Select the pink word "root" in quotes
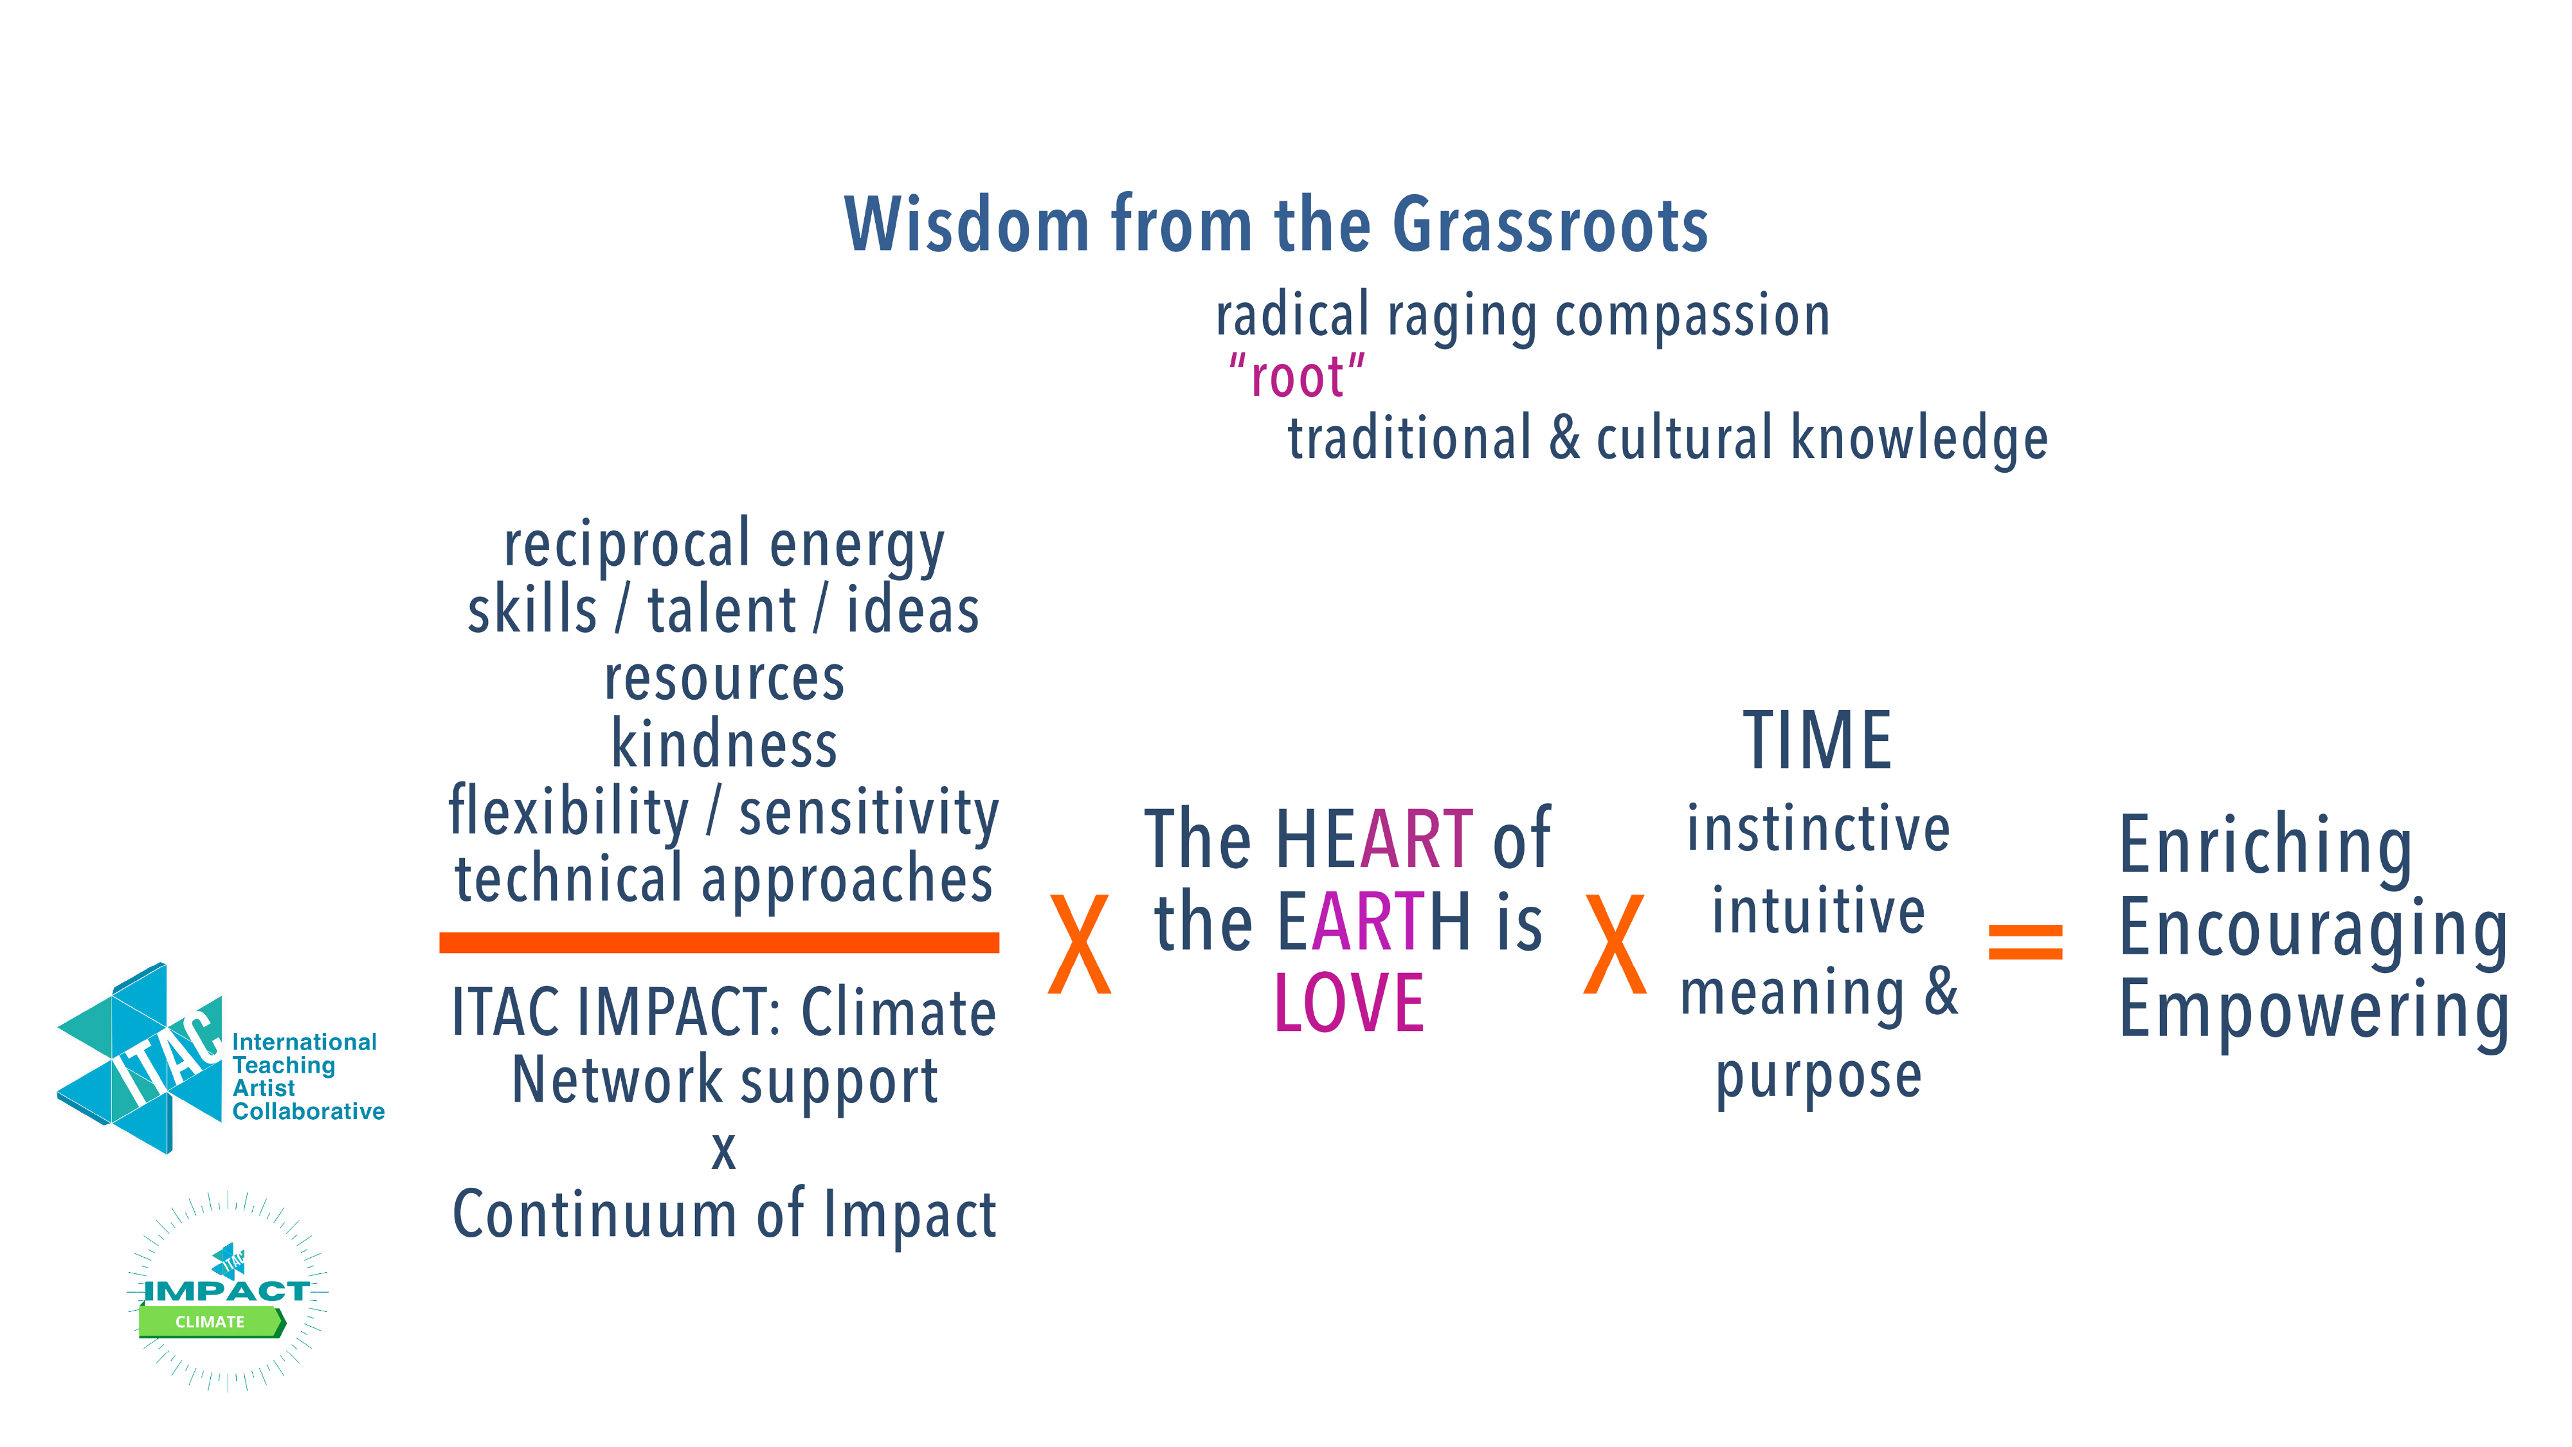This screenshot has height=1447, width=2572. point(1297,376)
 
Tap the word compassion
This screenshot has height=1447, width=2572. point(1692,318)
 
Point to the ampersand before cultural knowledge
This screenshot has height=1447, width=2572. point(1564,437)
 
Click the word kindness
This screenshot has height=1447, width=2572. point(724,744)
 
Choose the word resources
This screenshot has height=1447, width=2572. point(724,679)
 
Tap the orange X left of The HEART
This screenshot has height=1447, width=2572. point(1080,943)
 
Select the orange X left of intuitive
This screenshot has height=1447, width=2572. point(1615,943)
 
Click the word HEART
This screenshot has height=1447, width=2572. point(1374,839)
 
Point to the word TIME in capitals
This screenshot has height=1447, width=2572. point(1817,740)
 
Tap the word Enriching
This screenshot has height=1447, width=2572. point(2265,847)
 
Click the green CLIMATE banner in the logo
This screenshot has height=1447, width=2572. point(212,1321)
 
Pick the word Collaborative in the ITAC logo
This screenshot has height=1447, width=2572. point(309,1111)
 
